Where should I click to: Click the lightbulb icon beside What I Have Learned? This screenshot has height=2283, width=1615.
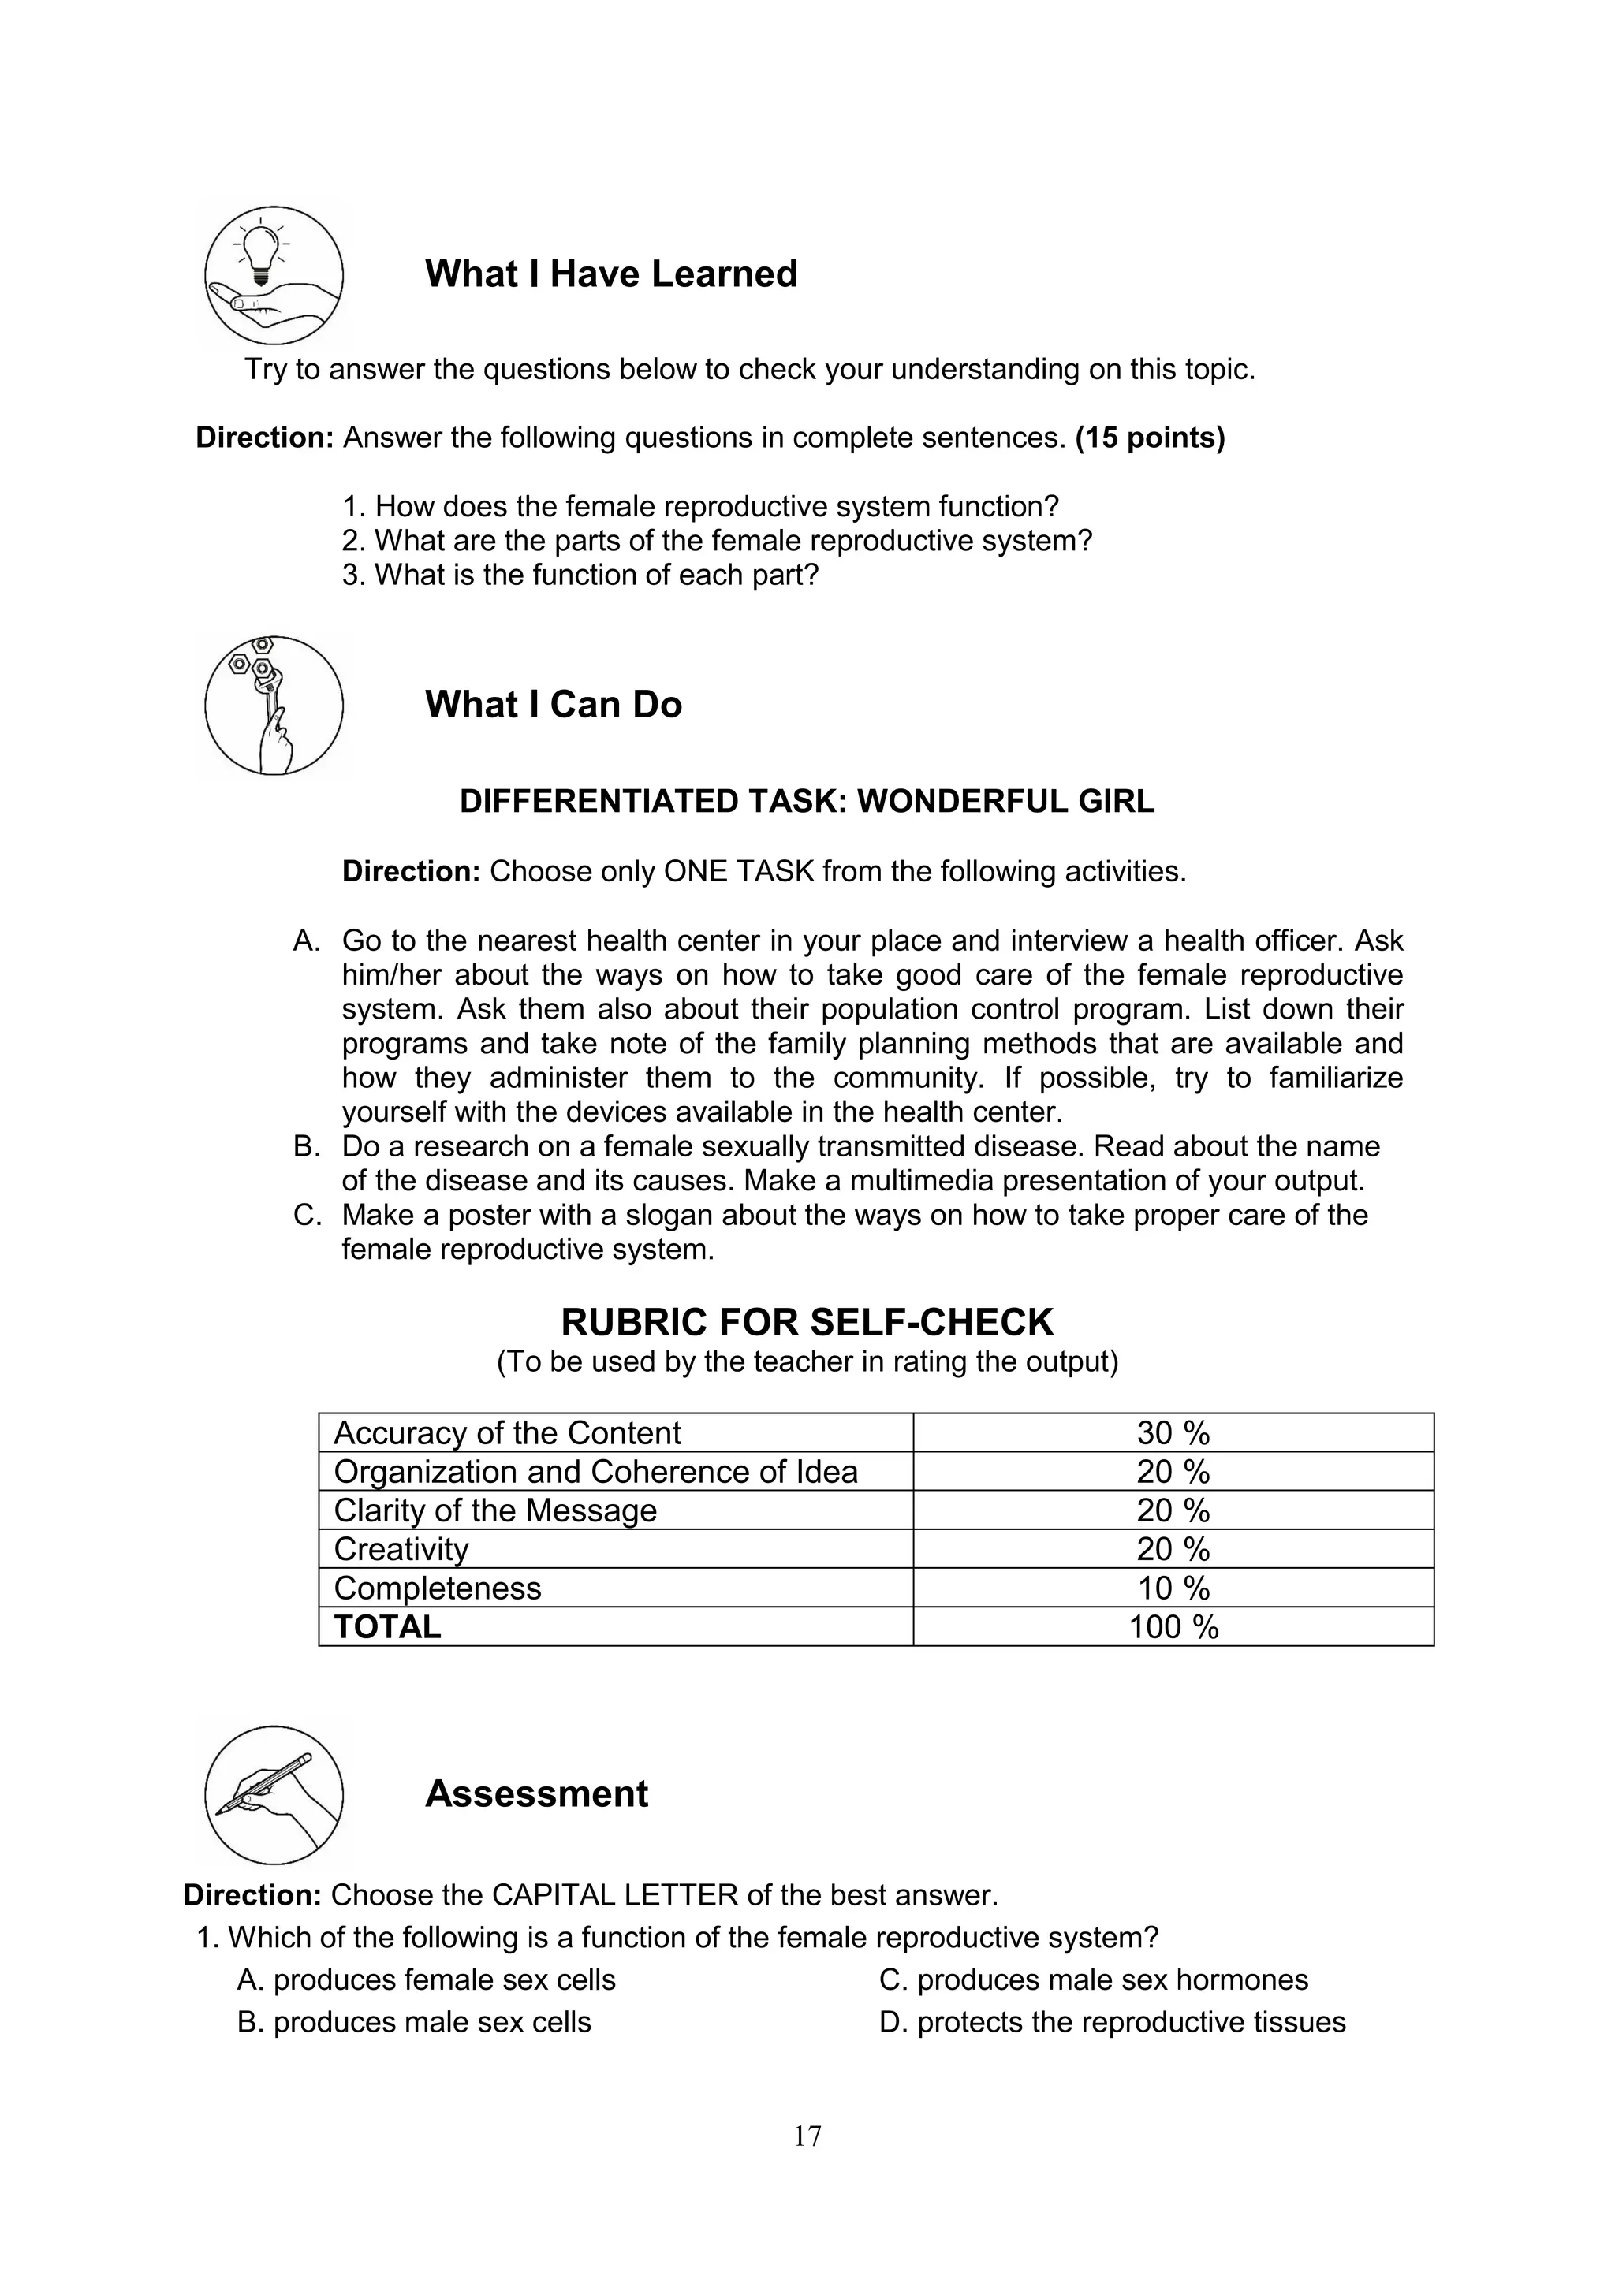coord(274,275)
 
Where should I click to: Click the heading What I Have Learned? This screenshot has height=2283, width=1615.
coord(610,274)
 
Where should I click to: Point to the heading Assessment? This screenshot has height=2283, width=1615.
coord(536,1793)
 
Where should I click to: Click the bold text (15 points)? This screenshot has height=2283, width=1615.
coord(1150,438)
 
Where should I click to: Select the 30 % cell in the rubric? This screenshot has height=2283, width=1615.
coord(1173,1433)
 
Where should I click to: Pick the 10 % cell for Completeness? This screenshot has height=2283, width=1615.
coord(1173,1588)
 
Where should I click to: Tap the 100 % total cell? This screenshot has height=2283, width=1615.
coord(1173,1627)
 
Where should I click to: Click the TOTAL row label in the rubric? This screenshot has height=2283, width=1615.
coord(388,1627)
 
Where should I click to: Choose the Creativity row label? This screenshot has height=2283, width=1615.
coord(401,1549)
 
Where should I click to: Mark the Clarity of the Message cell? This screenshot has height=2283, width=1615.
coord(495,1510)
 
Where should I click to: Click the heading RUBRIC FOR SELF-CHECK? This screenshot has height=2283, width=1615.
coord(807,1323)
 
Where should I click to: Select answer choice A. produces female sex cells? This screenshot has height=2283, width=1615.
coord(427,1979)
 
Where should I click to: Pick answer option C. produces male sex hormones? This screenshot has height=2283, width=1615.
coord(1093,1979)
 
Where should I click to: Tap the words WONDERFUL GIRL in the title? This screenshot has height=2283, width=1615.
coord(1005,802)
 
